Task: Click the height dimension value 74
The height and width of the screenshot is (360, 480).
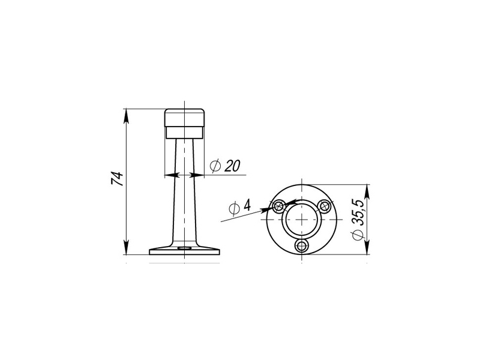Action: [117, 179]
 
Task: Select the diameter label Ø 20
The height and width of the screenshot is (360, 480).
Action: [225, 166]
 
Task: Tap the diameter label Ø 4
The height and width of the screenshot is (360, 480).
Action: [239, 206]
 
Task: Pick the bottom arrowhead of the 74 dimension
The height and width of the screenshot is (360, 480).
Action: [126, 247]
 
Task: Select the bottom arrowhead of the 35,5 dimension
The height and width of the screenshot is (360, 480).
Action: [367, 247]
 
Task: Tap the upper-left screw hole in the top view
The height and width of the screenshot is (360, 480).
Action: [279, 206]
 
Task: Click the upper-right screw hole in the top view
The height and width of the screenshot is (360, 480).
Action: [324, 206]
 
